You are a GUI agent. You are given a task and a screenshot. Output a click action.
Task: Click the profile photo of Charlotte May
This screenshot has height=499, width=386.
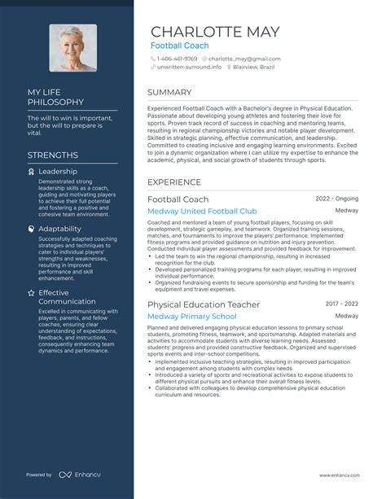(72, 48)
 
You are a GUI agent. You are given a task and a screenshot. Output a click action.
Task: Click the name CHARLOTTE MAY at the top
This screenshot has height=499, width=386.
(215, 32)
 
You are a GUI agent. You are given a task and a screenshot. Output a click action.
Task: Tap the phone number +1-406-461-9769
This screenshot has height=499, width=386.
(178, 59)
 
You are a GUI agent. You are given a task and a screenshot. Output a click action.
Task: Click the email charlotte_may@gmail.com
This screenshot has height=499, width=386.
(243, 59)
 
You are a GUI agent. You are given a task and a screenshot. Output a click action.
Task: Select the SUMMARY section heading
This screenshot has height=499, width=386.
(169, 93)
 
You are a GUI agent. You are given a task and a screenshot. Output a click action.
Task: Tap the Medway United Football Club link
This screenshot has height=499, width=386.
(202, 212)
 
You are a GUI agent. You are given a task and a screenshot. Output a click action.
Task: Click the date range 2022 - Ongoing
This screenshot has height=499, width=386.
(336, 199)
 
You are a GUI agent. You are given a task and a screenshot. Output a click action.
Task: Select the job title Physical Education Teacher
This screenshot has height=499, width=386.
(204, 304)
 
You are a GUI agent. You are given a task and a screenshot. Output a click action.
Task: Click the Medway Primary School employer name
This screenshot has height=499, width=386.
(192, 317)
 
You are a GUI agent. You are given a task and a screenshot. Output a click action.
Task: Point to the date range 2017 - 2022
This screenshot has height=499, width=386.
(342, 304)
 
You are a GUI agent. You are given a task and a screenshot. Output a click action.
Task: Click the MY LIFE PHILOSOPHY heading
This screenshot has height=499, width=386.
(55, 97)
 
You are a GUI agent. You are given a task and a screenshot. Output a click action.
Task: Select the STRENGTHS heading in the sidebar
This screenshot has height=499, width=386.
(53, 155)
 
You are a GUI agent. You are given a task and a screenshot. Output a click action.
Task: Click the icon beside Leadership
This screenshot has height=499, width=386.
(31, 172)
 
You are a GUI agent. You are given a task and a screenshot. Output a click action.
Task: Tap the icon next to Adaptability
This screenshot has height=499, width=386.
(31, 230)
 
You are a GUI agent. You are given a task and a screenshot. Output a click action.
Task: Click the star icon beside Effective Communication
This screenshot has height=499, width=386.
(31, 292)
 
